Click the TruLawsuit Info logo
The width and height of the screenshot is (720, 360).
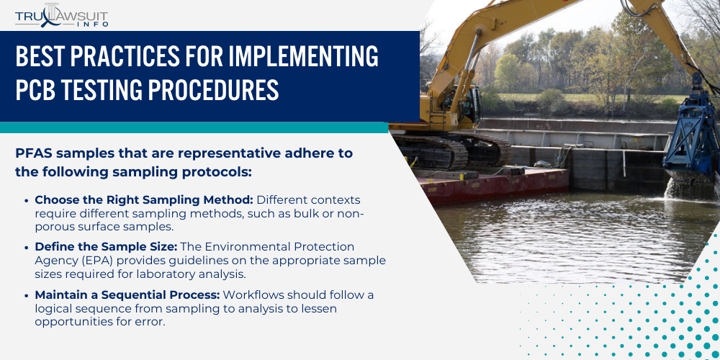click(61, 14)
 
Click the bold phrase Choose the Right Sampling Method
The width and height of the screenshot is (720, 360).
click(143, 199)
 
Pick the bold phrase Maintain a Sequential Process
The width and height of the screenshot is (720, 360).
click(127, 294)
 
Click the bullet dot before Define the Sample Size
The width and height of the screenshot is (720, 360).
click(27, 248)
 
